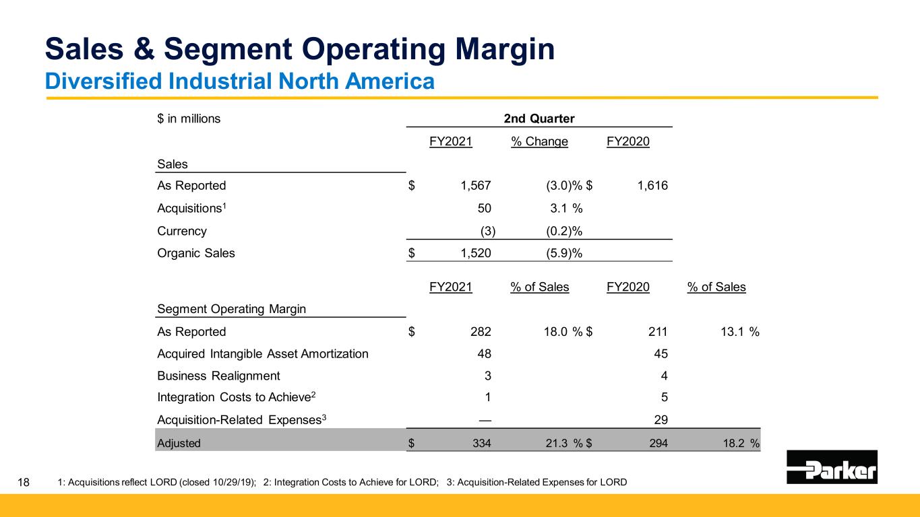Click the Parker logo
832,467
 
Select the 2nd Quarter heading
539,119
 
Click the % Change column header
539,142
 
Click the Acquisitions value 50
484,208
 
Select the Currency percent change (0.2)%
563,231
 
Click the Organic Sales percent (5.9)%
563,254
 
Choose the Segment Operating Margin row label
231,309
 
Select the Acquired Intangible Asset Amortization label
262,354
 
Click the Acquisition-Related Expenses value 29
661,421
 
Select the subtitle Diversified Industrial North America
239,81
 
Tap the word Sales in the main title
92,50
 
